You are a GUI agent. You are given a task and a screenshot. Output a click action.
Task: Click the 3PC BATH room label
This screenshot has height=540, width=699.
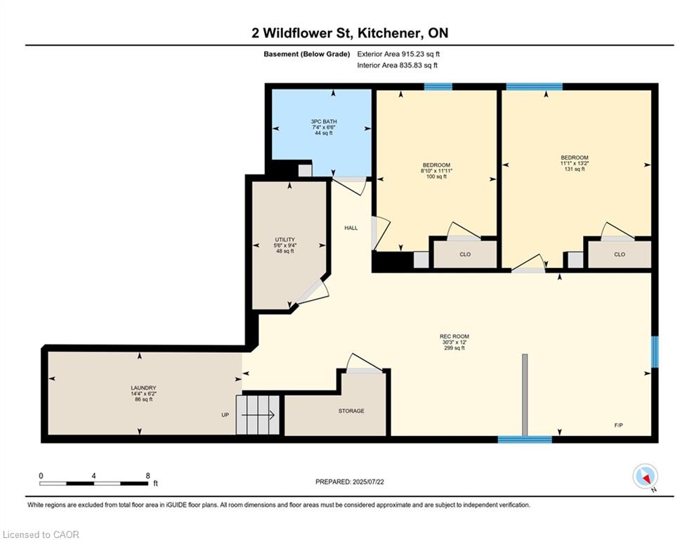(324, 122)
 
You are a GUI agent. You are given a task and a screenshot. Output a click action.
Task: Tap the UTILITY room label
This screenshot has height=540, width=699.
(285, 240)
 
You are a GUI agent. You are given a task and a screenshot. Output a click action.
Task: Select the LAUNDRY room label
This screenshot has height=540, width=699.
(143, 388)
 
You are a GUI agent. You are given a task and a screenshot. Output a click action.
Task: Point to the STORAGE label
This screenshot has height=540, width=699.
(351, 411)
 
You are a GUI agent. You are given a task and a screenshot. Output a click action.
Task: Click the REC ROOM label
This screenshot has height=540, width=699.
(455, 337)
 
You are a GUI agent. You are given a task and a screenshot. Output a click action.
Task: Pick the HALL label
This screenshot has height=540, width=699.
(351, 228)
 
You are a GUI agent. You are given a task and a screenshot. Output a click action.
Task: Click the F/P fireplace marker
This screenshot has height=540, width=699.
(619, 425)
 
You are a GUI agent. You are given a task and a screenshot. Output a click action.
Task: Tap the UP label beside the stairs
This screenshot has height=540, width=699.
(225, 415)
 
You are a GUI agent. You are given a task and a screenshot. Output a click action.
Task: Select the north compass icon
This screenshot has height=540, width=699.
(645, 476)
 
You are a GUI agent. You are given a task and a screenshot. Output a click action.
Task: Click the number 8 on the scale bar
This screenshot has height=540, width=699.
(148, 476)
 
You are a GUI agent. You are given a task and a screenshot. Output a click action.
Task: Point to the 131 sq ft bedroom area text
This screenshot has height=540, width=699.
(575, 169)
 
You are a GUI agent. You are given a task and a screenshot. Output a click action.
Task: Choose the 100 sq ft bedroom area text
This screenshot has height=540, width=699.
(436, 176)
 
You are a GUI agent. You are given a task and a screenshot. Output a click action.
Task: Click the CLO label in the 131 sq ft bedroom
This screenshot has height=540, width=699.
(620, 255)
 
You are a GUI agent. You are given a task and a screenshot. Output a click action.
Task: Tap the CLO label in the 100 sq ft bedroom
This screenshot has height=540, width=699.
(465, 255)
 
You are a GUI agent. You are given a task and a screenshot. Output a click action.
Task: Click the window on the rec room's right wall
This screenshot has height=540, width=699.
(655, 352)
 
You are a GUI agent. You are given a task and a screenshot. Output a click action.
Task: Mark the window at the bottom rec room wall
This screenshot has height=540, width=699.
(525, 439)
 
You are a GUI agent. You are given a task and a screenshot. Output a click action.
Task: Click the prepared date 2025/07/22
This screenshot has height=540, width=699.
(368, 482)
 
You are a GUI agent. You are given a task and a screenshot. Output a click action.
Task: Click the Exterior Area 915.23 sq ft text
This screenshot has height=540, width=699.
(398, 54)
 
